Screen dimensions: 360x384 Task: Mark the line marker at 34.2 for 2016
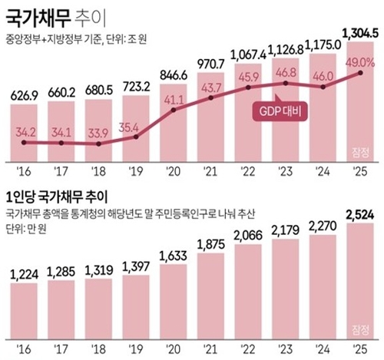26,143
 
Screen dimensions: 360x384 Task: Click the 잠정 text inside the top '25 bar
359,149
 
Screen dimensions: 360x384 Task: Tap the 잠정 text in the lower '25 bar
359,327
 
